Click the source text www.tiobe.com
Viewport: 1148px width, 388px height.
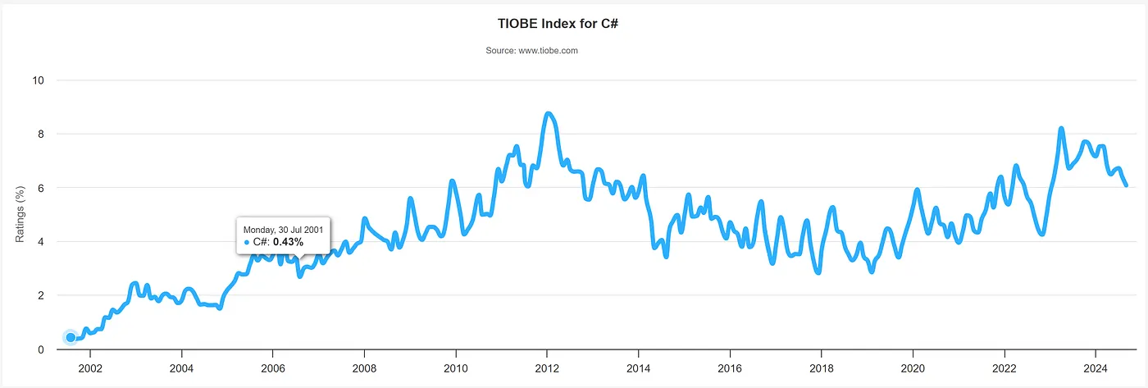point(532,51)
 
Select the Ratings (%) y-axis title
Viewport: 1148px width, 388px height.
point(20,214)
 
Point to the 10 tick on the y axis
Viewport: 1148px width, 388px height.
point(39,80)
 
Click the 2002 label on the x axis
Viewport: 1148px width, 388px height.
point(89,367)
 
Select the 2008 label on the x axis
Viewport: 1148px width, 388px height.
point(364,367)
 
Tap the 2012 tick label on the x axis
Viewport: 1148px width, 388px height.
point(547,367)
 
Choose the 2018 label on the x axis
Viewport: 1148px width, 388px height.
point(822,367)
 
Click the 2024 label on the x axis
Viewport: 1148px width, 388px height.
point(1096,367)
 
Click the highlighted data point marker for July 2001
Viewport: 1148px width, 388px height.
point(71,337)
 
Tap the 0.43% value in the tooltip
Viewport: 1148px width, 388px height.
point(288,242)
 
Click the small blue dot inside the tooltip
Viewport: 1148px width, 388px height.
point(247,243)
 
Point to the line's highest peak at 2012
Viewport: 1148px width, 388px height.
point(548,113)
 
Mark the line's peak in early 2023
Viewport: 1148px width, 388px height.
point(1061,129)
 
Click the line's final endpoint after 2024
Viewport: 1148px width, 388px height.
point(1126,185)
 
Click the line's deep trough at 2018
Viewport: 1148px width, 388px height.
point(818,272)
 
